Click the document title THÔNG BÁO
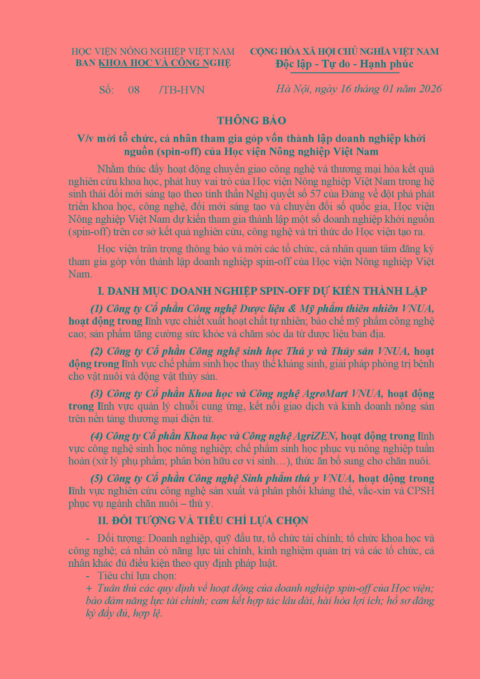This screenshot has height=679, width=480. pyautogui.click(x=251, y=121)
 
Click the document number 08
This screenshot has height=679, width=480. pyautogui.click(x=134, y=90)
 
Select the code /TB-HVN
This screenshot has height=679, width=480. pyautogui.click(x=182, y=90)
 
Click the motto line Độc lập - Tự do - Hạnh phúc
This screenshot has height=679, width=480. pyautogui.click(x=344, y=64)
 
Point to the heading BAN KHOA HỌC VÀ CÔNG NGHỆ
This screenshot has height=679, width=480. pyautogui.click(x=153, y=63)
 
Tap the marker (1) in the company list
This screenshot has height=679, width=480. pyautogui.click(x=97, y=309)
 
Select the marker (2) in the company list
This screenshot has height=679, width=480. pyautogui.click(x=97, y=351)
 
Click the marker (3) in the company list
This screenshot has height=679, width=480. pyautogui.click(x=97, y=394)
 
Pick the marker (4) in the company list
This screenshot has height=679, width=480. pyautogui.click(x=97, y=436)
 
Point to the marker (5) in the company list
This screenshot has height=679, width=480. pyautogui.click(x=97, y=479)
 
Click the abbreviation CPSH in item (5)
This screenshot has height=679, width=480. pyautogui.click(x=421, y=491)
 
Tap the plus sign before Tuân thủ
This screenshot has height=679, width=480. pyautogui.click(x=89, y=588)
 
